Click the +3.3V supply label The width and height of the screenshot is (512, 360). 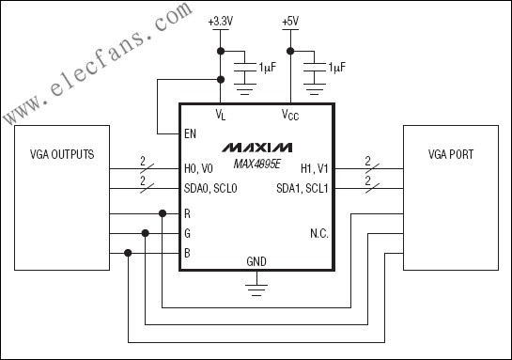coord(221,22)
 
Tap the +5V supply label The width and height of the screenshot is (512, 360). coord(290,22)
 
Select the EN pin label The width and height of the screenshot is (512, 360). coord(190,133)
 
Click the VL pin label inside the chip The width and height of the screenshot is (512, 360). coord(221,115)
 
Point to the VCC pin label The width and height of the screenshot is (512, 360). coord(290,115)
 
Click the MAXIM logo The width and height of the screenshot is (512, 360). coord(257,148)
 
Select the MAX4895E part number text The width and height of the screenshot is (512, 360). coord(257,164)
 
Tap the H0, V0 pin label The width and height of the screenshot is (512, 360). coord(198,169)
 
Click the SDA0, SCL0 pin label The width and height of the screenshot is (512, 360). coord(210,189)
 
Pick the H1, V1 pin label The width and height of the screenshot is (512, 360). coord(314,169)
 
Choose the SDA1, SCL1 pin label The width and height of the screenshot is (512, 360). coord(303,189)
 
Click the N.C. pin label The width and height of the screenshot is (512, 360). coord(319,233)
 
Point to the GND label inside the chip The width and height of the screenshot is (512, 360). coord(256,261)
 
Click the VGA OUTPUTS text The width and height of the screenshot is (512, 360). coord(62,154)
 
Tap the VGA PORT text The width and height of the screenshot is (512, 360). coord(451,154)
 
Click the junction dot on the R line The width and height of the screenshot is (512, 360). coord(163,213)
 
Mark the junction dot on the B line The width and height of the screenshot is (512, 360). coord(128,253)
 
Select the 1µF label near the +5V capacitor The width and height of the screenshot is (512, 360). coord(337,68)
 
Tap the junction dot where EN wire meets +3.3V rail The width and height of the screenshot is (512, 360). coord(221,79)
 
